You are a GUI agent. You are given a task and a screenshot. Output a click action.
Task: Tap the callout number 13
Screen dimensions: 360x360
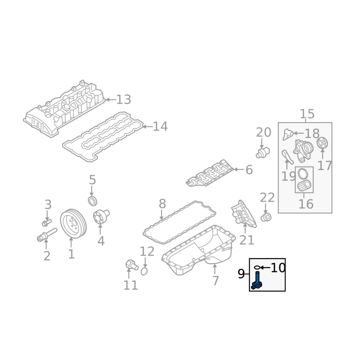point(124,99)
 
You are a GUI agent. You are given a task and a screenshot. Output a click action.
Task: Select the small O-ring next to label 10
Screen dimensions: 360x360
point(257,267)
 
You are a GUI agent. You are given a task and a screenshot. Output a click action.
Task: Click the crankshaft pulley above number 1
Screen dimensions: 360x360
point(73,224)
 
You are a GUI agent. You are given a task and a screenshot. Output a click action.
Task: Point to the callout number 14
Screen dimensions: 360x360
point(160,126)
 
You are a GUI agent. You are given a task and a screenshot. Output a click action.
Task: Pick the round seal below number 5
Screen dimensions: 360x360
point(93,201)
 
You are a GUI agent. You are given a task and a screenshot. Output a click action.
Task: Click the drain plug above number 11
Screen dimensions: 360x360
point(131,265)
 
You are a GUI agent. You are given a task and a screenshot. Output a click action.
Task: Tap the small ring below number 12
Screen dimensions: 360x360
point(144,271)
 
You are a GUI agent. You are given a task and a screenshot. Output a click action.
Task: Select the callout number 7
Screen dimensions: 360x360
point(215,280)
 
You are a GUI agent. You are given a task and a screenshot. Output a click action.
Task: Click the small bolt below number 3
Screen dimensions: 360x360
point(47,222)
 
